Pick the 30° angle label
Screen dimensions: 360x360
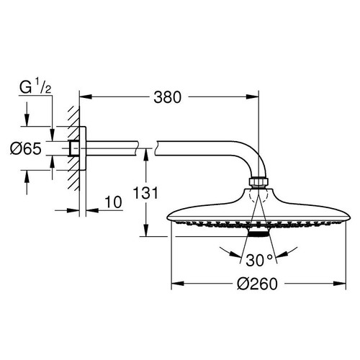[260, 259]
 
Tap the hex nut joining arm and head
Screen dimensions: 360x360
[258, 180]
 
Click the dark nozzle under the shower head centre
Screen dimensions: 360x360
[259, 233]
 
